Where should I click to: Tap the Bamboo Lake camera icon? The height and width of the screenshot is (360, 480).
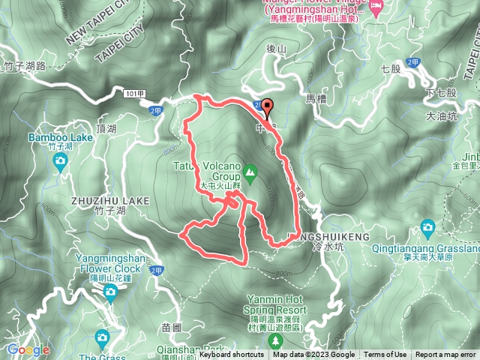pos(60,160)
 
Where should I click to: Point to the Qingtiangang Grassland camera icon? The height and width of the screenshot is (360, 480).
pos(427,226)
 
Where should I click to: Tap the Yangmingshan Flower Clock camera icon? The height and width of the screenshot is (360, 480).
pos(110,291)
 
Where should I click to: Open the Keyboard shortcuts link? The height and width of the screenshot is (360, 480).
pos(231,355)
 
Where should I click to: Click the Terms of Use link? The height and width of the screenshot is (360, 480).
pos(385,355)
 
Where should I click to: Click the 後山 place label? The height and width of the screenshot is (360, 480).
pos(277,49)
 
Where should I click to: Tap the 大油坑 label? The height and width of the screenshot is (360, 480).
pos(441,116)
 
